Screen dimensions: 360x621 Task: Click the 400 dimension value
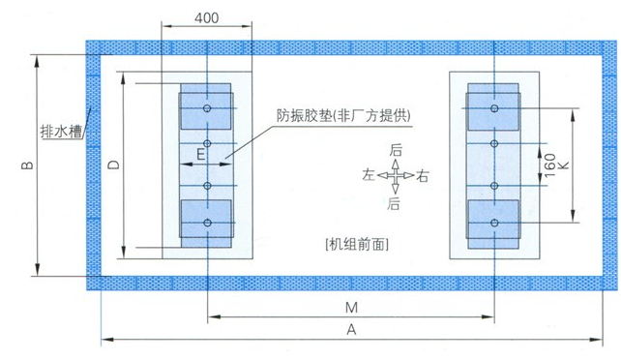point(205,18)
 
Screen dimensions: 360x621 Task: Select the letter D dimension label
point(113,165)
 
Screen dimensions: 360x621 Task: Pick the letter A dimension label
point(352,330)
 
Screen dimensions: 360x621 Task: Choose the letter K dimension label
point(564,165)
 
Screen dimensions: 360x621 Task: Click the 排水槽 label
point(60,130)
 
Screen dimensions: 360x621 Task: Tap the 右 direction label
point(424,175)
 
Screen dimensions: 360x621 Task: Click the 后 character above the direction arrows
point(395,151)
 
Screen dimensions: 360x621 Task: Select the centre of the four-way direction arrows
point(396,175)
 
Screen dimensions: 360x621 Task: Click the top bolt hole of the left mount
point(207,108)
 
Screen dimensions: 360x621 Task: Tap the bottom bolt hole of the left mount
point(207,224)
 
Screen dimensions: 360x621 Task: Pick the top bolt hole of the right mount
point(494,107)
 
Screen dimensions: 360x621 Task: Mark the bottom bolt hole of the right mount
point(494,224)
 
